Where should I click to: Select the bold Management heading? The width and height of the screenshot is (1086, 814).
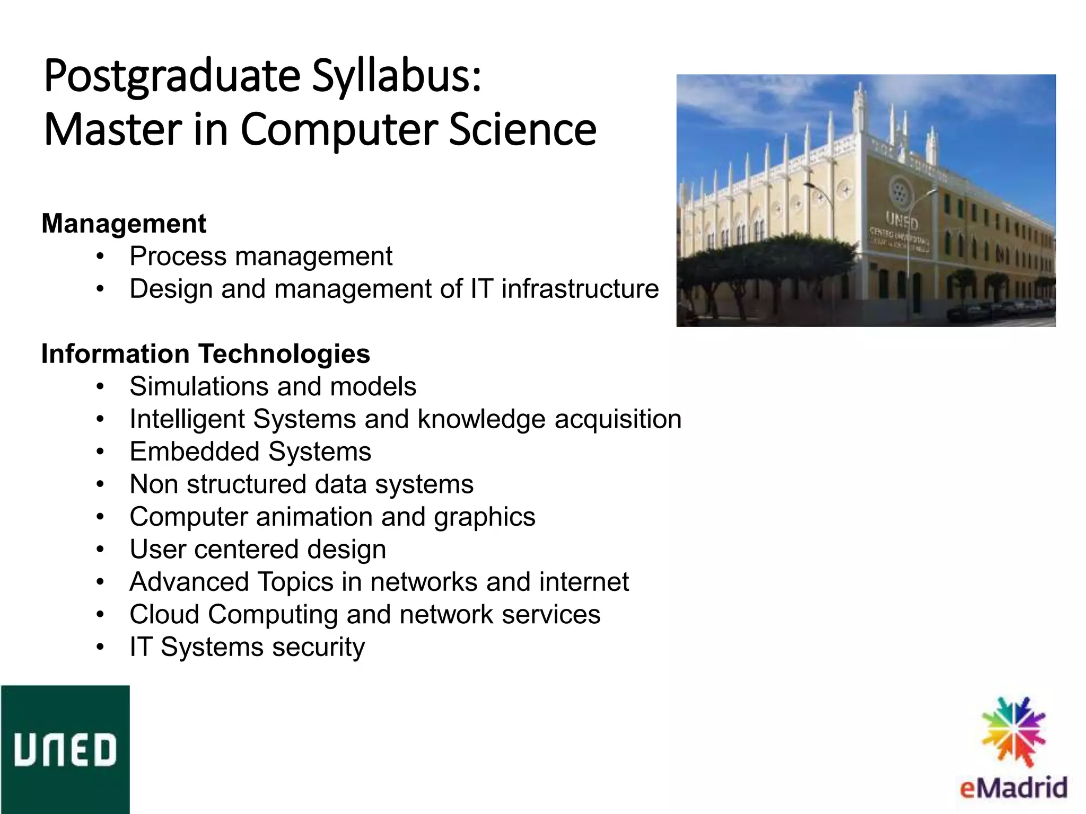tap(124, 224)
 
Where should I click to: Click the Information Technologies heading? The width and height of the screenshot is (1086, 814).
tap(206, 354)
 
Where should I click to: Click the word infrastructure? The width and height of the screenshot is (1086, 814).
tap(580, 289)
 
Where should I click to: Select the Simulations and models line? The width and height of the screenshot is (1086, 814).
tap(273, 387)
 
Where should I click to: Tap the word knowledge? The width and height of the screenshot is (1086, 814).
tap(481, 420)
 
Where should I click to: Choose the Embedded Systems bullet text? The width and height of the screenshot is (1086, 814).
tap(250, 452)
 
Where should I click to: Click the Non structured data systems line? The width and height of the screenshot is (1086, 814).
tap(301, 485)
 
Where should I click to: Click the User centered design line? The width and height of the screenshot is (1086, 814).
tap(258, 550)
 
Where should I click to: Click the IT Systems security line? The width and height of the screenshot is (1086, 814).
tap(247, 648)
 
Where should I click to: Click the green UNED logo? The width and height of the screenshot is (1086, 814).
tap(65, 749)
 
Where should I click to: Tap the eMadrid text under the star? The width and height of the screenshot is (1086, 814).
tap(1013, 788)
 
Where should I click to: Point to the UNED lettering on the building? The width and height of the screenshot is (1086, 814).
tap(901, 219)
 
